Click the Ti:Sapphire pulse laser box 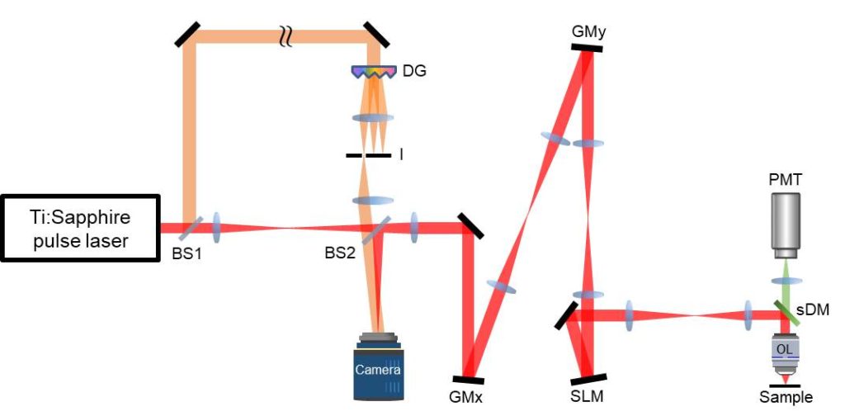click(x=79, y=229)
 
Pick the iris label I click(x=402, y=154)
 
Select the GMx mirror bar click(x=469, y=379)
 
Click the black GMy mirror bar click(x=586, y=48)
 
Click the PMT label click(x=785, y=178)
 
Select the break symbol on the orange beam click(x=286, y=35)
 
